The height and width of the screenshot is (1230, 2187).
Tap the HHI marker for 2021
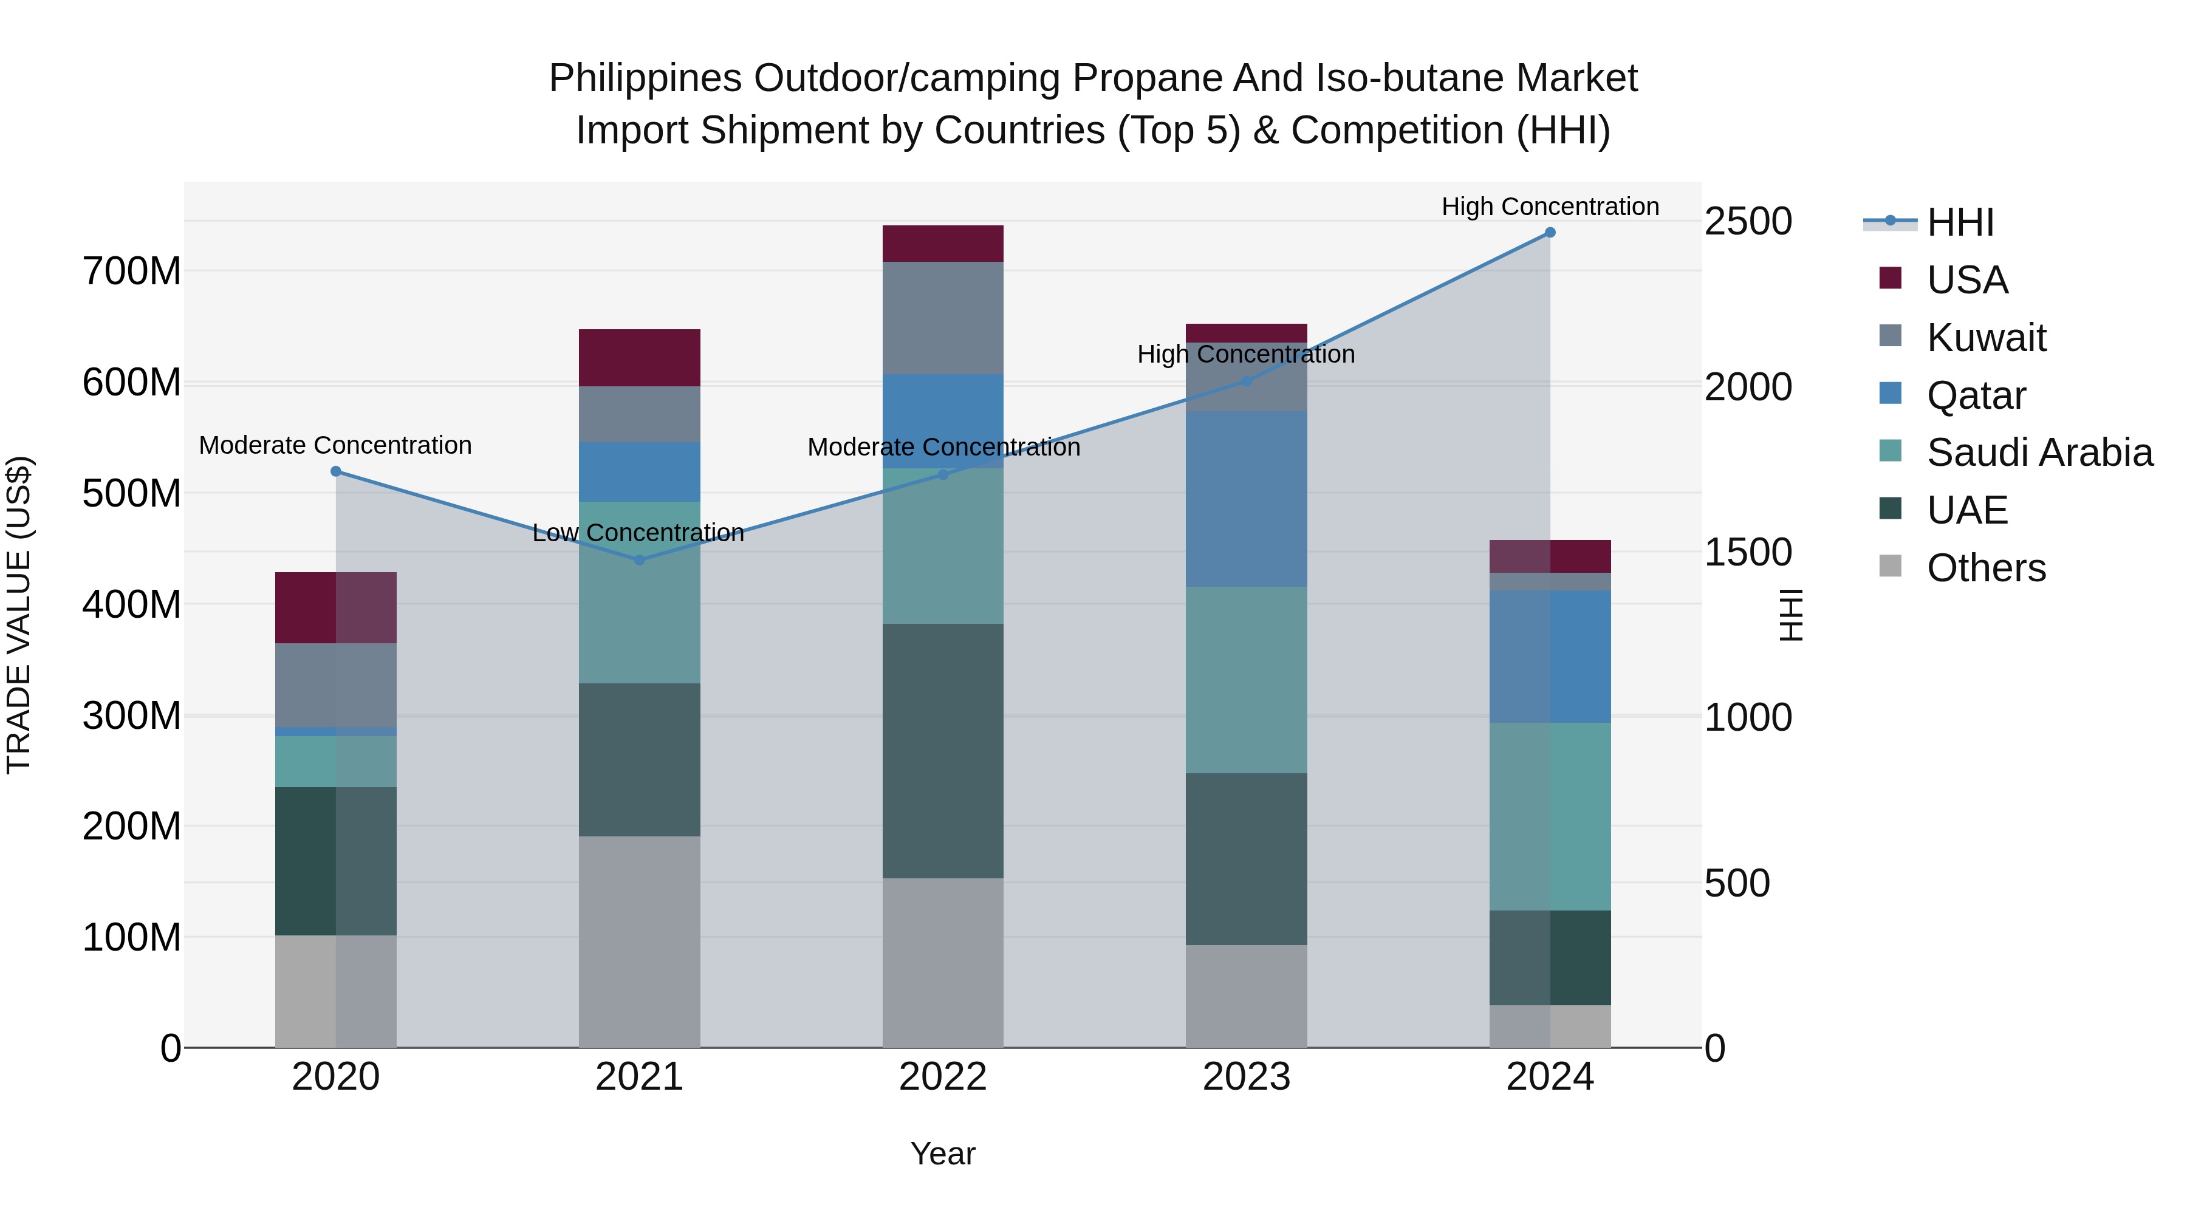639,560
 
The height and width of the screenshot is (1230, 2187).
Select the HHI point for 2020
335,471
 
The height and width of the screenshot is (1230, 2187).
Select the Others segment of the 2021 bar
639,941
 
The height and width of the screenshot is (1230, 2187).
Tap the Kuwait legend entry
1986,337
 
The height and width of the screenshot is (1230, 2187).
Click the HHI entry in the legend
1959,222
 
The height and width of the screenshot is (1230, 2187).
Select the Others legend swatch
1891,566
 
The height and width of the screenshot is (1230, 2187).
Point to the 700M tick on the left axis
132,272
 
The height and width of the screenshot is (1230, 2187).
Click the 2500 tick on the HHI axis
1748,222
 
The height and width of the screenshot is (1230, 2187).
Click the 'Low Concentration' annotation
638,533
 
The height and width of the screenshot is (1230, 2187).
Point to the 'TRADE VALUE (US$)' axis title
19,615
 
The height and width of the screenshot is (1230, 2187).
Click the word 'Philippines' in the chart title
645,78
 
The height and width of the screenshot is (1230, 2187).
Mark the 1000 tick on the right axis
1748,717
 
